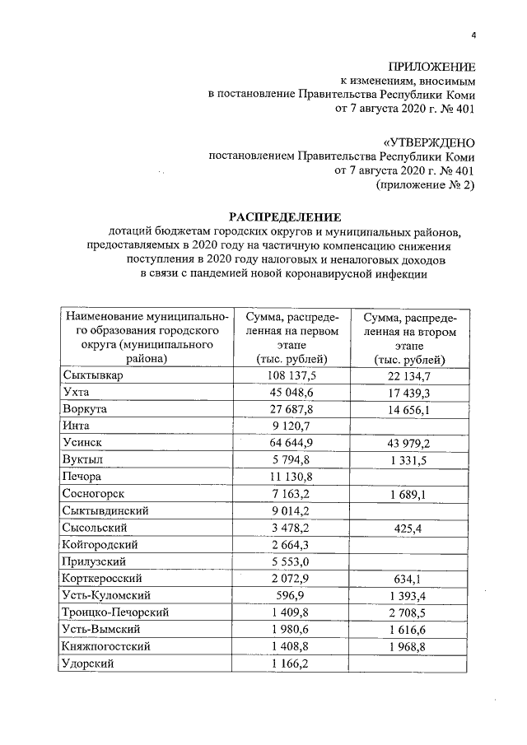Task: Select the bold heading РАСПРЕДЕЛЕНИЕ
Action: (284, 217)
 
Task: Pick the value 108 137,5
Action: (287, 375)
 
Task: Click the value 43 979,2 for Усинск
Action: (409, 443)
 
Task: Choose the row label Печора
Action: (83, 477)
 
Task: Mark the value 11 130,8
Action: (287, 477)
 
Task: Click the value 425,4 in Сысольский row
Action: (409, 528)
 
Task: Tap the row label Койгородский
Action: (100, 544)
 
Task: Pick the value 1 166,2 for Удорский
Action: (287, 663)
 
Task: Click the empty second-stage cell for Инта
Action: (409, 426)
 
